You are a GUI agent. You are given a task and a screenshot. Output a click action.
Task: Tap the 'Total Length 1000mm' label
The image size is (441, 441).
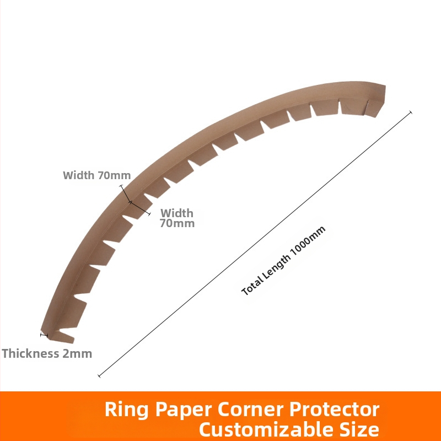pyautogui.click(x=284, y=261)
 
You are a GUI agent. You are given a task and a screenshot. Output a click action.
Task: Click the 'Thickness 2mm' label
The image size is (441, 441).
pyautogui.click(x=47, y=353)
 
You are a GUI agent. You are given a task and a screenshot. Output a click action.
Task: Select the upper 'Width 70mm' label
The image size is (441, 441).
pyautogui.click(x=96, y=176)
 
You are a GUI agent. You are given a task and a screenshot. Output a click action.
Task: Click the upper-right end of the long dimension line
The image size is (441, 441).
pyautogui.click(x=411, y=112)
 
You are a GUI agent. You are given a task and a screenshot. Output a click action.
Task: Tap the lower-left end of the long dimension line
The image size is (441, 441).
pyautogui.click(x=99, y=376)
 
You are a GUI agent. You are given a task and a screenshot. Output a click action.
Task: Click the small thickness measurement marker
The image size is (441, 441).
pyautogui.click(x=44, y=334)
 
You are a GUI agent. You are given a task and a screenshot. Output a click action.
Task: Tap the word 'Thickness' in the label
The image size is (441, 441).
pyautogui.click(x=31, y=353)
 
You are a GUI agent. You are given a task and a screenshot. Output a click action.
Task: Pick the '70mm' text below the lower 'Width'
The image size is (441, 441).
pyautogui.click(x=177, y=224)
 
